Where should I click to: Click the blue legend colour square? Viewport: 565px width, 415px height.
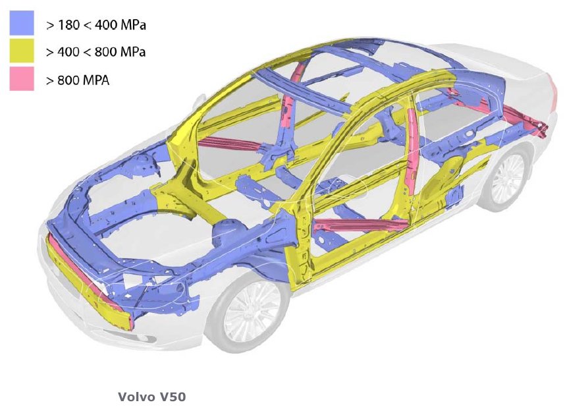(22, 22)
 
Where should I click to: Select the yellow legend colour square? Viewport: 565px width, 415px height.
(22, 51)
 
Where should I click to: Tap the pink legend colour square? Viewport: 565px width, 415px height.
(22, 78)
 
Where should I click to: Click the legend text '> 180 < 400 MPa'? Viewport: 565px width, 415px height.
(96, 25)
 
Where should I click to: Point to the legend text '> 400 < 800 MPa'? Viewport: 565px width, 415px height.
(96, 52)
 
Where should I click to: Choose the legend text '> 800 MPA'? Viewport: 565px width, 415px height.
(78, 80)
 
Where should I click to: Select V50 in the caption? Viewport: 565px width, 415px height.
(173, 397)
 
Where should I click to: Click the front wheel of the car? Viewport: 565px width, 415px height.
(249, 311)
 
